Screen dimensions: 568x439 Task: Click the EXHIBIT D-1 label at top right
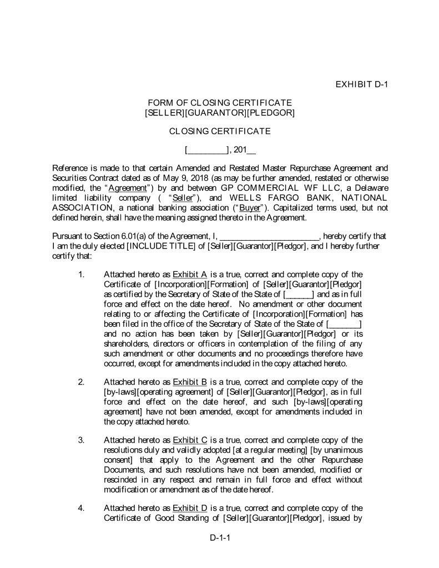point(360,84)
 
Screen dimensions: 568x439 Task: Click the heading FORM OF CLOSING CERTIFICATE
point(219,103)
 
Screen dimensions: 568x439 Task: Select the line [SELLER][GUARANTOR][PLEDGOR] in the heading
point(219,113)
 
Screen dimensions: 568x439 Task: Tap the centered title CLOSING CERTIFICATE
point(219,131)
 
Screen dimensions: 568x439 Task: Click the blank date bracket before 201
point(206,150)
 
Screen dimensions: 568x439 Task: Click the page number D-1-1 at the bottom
point(219,538)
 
